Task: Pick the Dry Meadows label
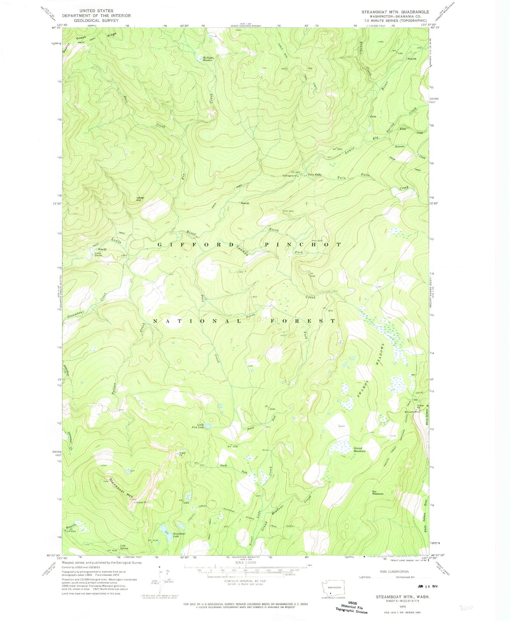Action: [378, 493]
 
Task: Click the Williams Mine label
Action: [412, 412]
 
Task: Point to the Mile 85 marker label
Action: [245, 203]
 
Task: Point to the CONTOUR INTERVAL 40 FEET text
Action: [245, 580]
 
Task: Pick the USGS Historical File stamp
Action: [351, 608]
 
